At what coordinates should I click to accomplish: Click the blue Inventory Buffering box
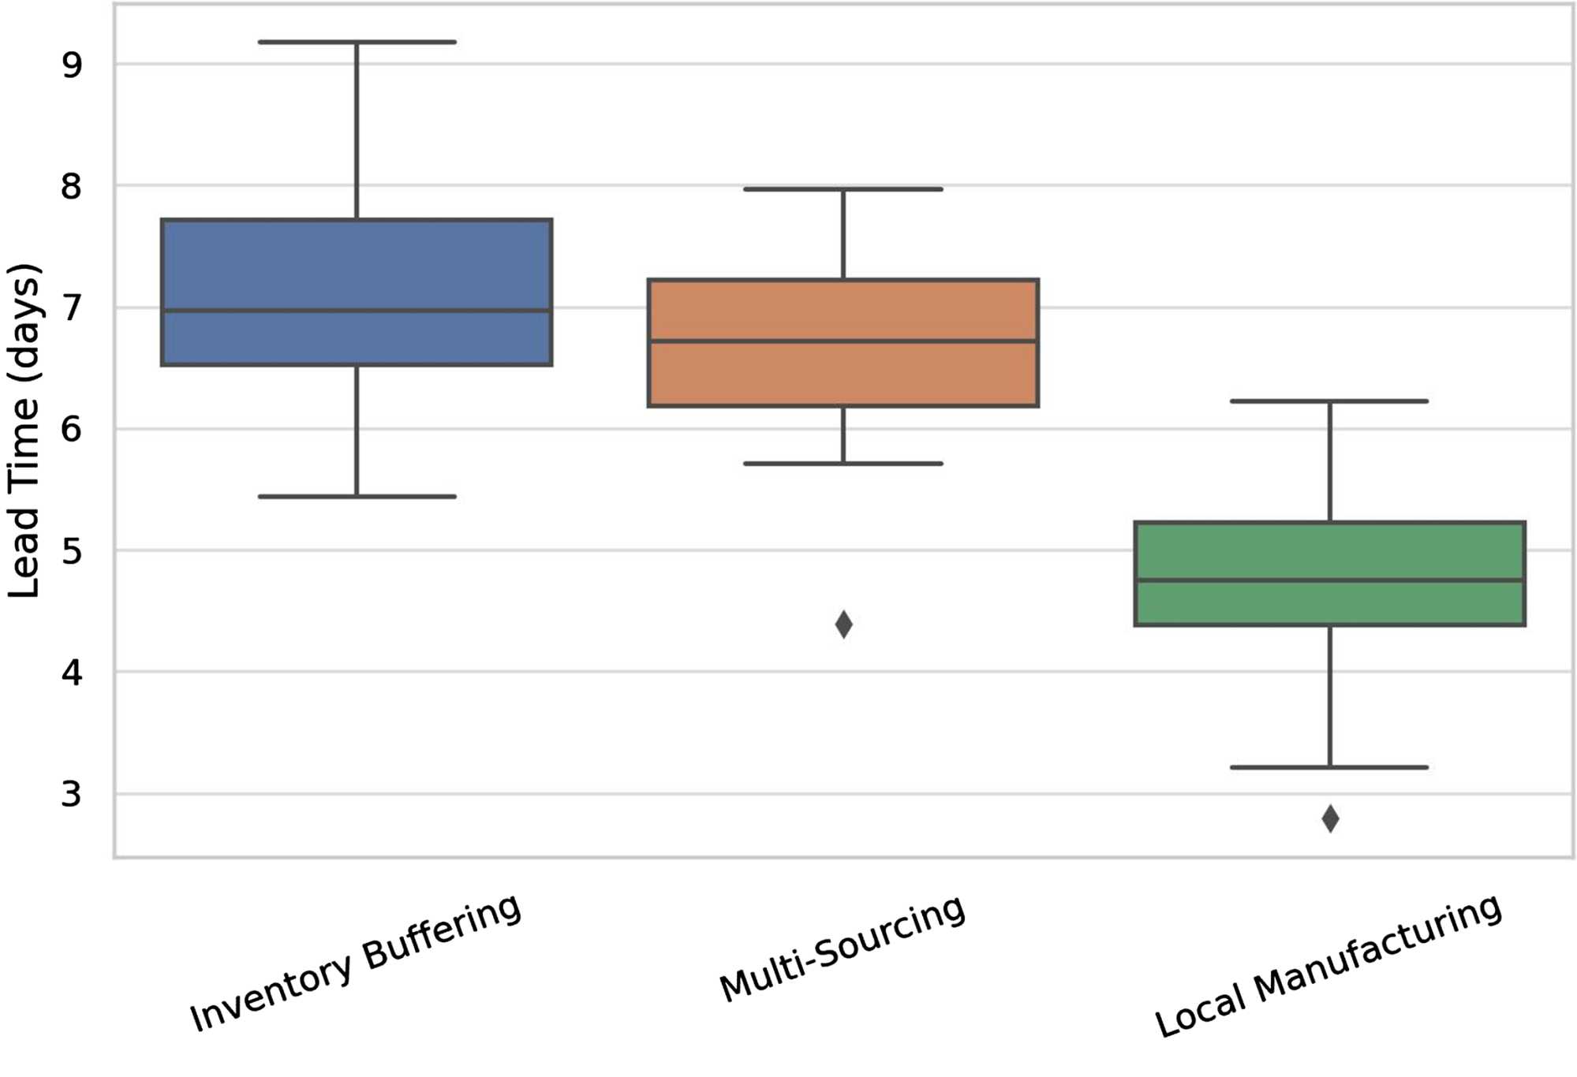[357, 260]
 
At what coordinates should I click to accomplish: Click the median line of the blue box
[357, 311]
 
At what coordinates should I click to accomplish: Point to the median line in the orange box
[843, 341]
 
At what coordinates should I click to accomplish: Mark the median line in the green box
[1329, 580]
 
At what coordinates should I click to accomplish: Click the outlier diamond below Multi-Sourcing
[843, 624]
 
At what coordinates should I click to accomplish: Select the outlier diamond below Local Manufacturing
[1330, 819]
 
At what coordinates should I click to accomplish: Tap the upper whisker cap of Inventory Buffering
[357, 42]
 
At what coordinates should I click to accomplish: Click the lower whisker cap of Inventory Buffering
[357, 497]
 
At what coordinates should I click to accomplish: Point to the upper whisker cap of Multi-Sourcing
[843, 189]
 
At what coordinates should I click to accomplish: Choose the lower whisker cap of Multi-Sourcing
[843, 464]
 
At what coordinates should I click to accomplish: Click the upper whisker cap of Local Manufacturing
[1329, 401]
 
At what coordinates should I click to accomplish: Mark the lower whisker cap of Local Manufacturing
[1329, 767]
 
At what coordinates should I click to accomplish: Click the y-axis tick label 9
[71, 65]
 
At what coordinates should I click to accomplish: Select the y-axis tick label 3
[71, 794]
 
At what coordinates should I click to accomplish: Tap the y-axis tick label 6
[71, 430]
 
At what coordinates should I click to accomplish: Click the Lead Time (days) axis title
[24, 430]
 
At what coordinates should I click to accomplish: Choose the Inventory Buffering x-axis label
[356, 963]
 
